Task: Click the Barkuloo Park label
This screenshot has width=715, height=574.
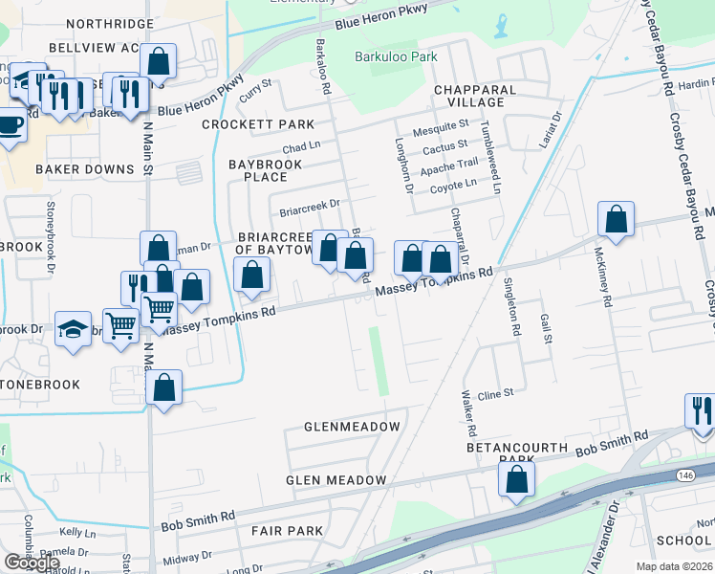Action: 396,57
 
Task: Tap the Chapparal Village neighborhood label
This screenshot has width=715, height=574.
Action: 475,96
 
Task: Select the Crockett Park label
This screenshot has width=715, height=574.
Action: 258,124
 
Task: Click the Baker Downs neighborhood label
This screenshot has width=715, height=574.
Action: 84,169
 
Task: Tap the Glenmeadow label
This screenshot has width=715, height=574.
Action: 352,426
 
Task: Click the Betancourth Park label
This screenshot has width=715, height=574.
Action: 511,453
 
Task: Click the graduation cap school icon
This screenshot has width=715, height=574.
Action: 73,328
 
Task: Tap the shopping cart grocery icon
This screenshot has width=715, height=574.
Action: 120,326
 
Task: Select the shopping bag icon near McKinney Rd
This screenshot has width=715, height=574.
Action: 617,218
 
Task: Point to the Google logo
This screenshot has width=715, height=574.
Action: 31,563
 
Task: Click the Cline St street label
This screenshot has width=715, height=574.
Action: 496,393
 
